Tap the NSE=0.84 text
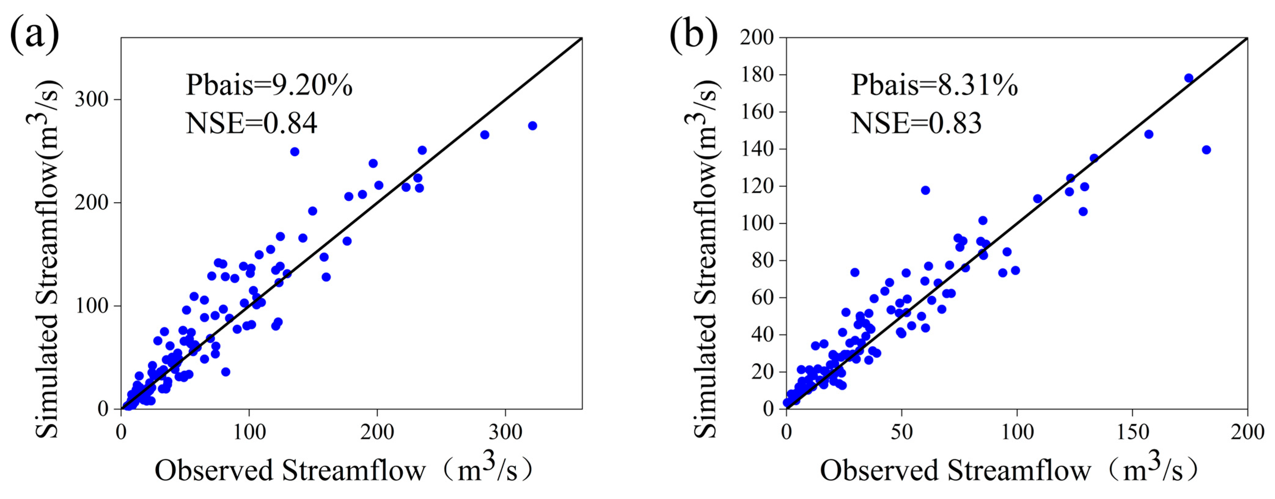pyautogui.click(x=251, y=123)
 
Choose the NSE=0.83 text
pyautogui.click(x=916, y=123)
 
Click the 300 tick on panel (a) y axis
pyautogui.click(x=91, y=100)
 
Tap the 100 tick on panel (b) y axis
pyautogui.click(x=756, y=223)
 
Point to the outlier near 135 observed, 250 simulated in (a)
pyautogui.click(x=295, y=152)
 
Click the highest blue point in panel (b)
pyautogui.click(x=1189, y=78)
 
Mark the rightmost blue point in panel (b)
pyautogui.click(x=1206, y=150)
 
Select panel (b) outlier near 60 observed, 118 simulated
pyautogui.click(x=925, y=190)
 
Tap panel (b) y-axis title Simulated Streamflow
pyautogui.click(x=704, y=258)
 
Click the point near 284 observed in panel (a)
pyautogui.click(x=485, y=135)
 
